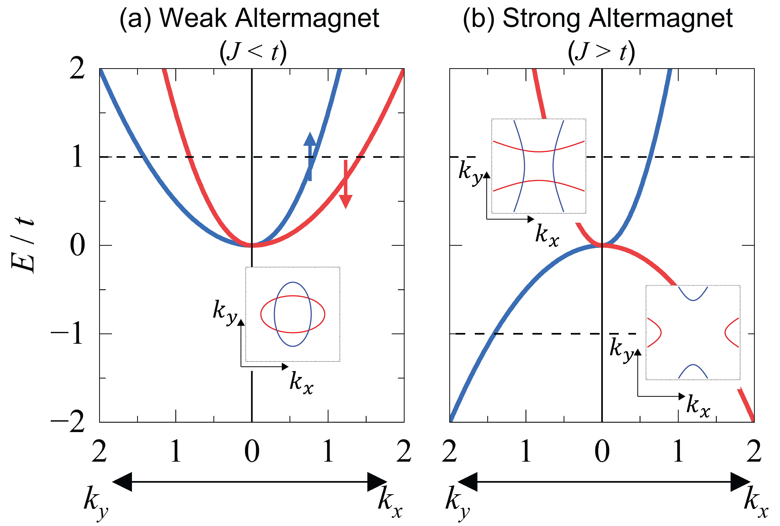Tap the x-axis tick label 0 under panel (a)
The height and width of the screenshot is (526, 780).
(252, 451)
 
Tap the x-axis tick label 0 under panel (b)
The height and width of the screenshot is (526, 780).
(602, 451)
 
